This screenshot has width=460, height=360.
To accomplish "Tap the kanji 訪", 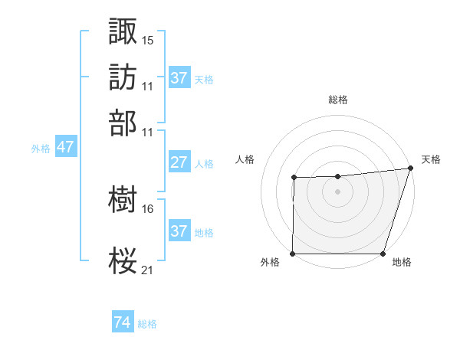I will (x=123, y=77).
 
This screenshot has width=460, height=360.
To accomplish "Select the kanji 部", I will (x=123, y=122).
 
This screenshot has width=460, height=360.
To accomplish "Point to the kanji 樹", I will (x=123, y=199).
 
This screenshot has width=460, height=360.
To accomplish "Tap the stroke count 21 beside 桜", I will (x=148, y=270).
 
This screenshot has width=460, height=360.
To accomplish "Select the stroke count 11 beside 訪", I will (x=148, y=86).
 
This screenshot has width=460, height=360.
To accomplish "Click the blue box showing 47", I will (x=65, y=147).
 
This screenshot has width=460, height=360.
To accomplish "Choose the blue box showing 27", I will (x=179, y=162).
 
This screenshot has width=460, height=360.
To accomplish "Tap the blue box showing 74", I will (x=123, y=322).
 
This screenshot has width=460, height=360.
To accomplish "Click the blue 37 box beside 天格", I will (x=179, y=77).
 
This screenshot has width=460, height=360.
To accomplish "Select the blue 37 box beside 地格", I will (x=179, y=231).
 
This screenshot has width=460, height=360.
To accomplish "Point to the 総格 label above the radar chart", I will (x=337, y=100).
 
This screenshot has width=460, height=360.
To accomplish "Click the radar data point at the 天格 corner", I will (x=410, y=169).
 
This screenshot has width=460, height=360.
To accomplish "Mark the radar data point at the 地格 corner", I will (x=383, y=254).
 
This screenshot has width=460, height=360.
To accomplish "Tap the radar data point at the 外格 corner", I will (x=293, y=254).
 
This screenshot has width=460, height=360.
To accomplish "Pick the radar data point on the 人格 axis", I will (x=294, y=178).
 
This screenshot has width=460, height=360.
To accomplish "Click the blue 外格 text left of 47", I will (x=40, y=149).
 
